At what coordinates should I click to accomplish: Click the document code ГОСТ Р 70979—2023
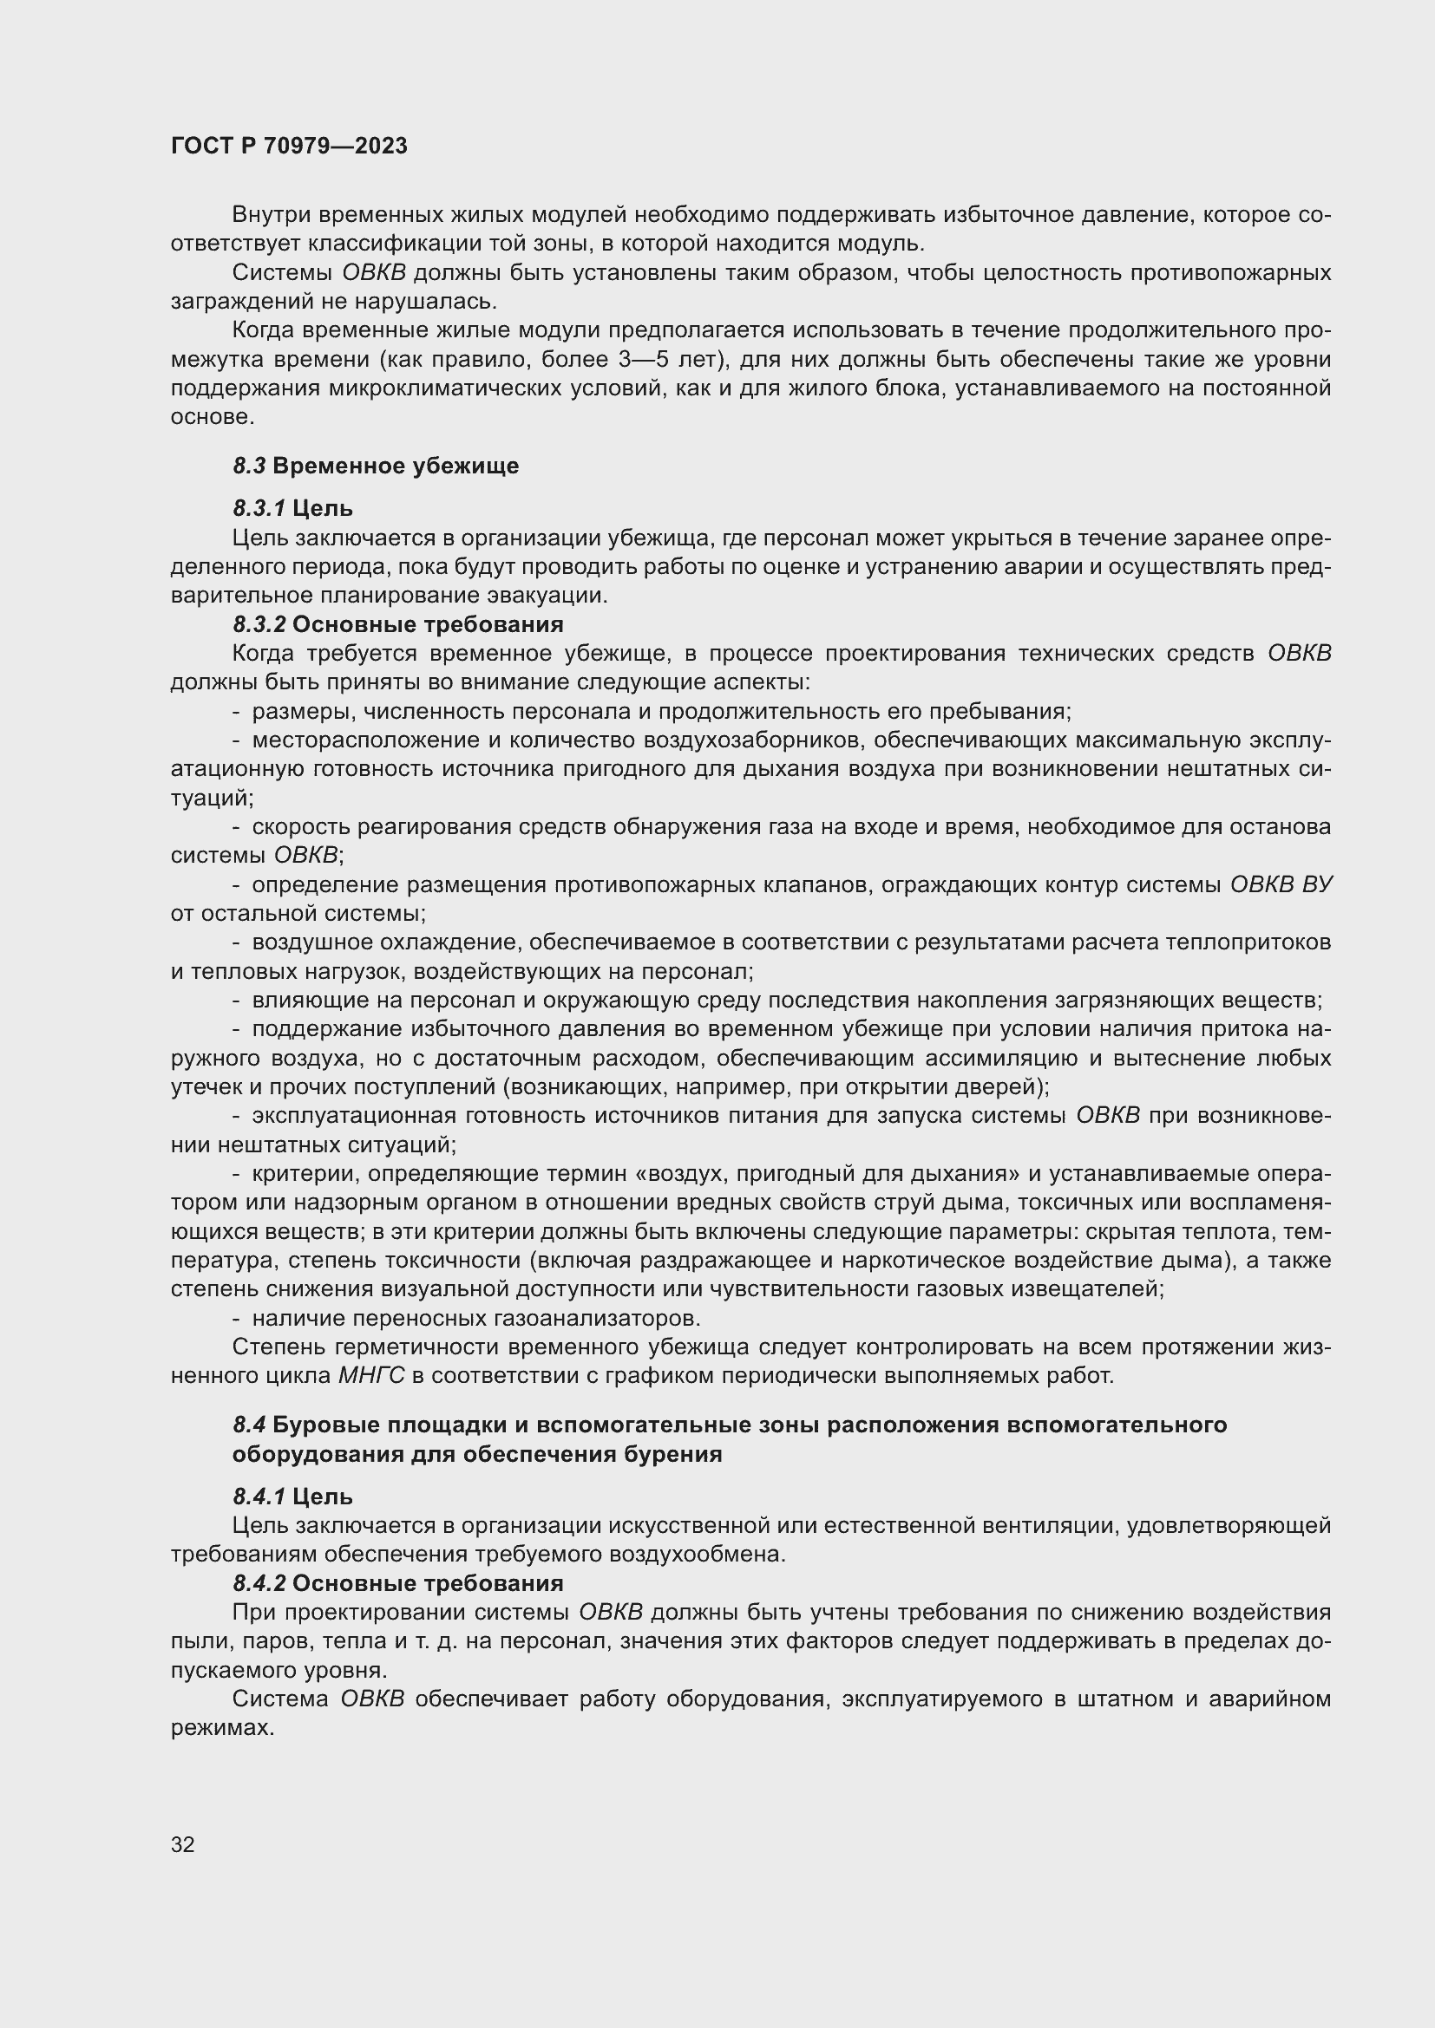(289, 147)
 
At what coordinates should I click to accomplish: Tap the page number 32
(183, 1844)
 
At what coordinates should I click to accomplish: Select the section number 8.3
(249, 466)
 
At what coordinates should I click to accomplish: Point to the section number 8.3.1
(259, 508)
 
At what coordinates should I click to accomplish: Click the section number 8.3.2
(259, 624)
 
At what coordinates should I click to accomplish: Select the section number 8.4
(249, 1425)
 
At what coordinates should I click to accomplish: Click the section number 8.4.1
(259, 1497)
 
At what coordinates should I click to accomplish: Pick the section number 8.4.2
(259, 1583)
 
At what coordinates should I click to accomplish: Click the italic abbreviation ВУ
(1317, 884)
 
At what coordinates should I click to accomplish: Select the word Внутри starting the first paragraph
(272, 215)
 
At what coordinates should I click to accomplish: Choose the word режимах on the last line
(222, 1728)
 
